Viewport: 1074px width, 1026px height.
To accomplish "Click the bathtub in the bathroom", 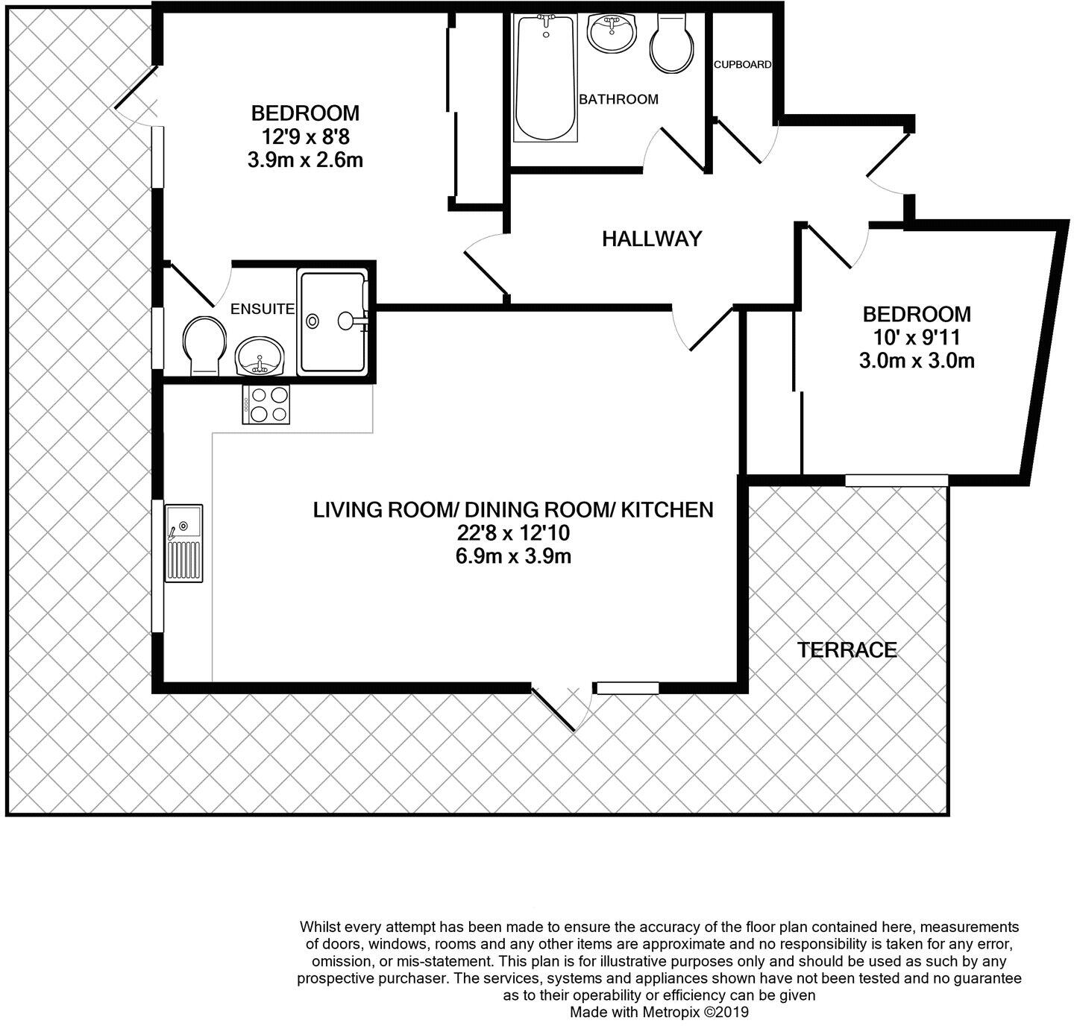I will point(545,78).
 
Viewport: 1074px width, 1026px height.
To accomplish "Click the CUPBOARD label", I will point(742,65).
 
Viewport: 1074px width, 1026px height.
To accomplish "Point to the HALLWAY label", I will point(652,239).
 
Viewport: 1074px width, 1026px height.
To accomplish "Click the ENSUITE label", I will point(262,309).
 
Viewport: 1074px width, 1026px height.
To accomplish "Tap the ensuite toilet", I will point(204,344).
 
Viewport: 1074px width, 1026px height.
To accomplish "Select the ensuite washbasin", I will point(259,356).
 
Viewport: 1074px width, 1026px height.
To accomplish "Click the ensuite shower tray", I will point(333,322).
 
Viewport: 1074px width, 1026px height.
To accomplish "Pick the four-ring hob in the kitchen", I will point(266,405).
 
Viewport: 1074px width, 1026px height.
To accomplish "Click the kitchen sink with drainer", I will point(183,543).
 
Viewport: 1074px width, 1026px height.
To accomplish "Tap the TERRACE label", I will point(847,650).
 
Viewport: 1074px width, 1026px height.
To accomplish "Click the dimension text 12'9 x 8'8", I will point(305,136).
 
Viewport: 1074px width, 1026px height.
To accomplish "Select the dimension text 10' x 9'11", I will point(917,337).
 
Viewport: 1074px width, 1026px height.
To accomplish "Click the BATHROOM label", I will point(618,99).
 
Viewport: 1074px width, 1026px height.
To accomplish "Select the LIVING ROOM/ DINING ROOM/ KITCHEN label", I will point(512,510).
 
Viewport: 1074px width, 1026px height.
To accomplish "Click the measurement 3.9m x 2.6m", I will point(305,160).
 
